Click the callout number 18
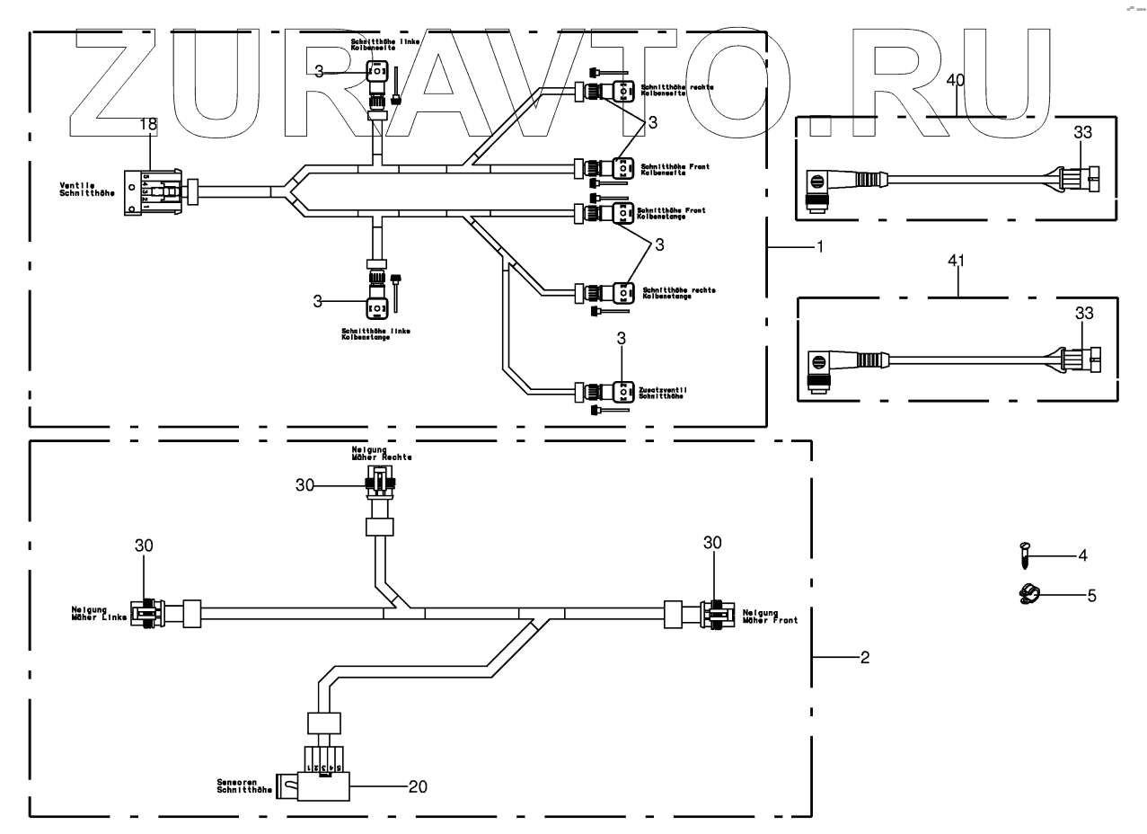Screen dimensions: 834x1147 coord(147,126)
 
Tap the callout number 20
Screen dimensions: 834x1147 coord(418,786)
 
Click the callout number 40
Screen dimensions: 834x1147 coord(956,80)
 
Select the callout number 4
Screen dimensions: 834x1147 coord(1083,555)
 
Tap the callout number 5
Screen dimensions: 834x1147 coord(1091,594)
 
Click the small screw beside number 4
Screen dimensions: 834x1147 coord(1026,555)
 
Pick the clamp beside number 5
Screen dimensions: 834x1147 coord(1028,594)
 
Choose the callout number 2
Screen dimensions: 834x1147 coord(864,658)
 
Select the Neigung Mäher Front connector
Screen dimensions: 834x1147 coord(716,615)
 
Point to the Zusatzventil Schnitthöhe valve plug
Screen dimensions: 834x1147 coord(623,392)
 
